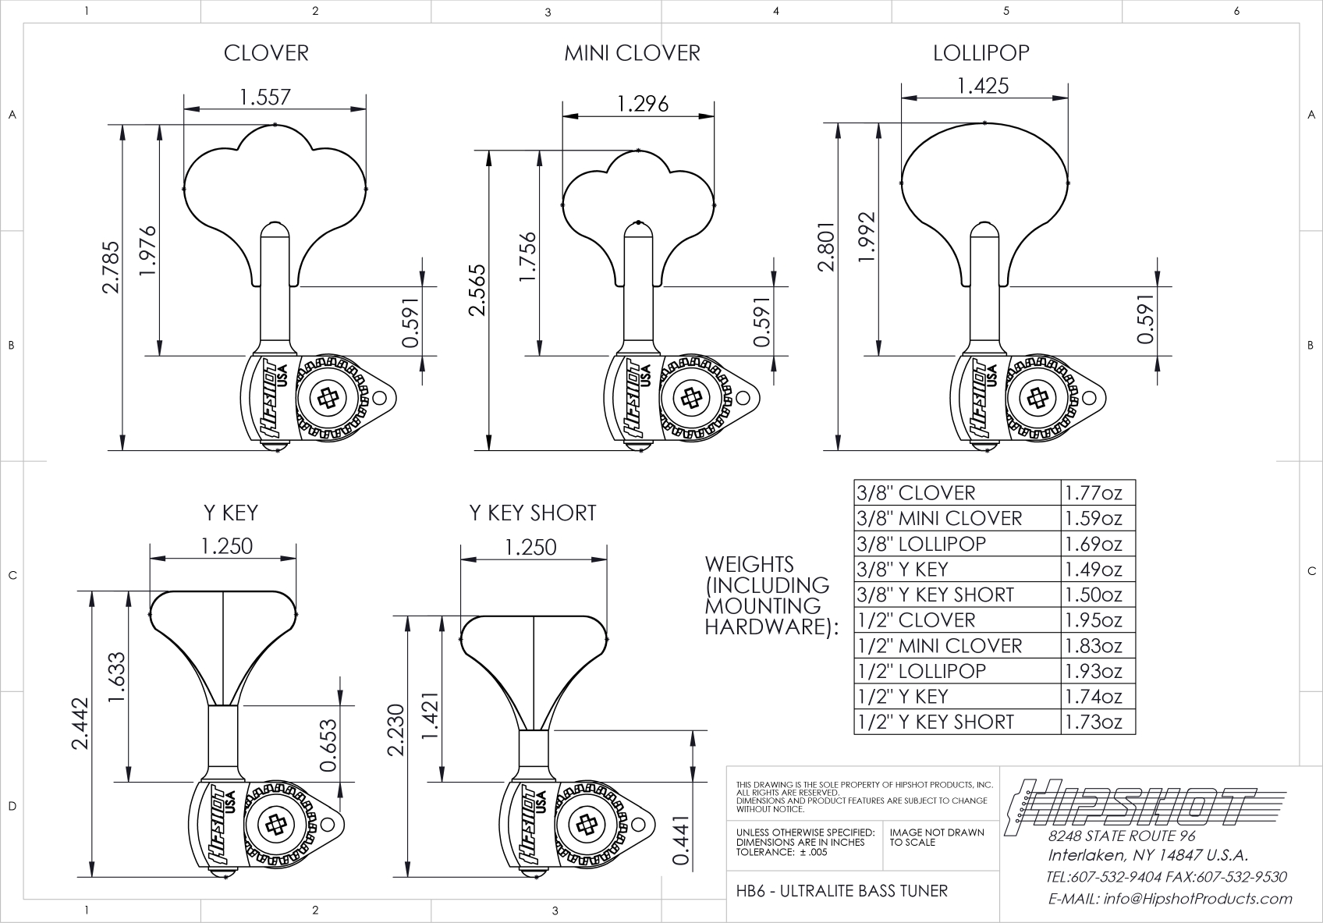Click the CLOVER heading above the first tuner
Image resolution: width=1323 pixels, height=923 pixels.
point(266,53)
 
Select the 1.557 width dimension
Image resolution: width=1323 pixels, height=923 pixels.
point(265,97)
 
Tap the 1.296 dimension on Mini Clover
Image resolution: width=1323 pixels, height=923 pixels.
point(643,104)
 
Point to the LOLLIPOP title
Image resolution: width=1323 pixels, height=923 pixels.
point(981,53)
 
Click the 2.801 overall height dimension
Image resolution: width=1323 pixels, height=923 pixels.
point(826,247)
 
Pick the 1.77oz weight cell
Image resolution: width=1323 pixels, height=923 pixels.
point(1094,493)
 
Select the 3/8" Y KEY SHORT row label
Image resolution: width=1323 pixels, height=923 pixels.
point(935,595)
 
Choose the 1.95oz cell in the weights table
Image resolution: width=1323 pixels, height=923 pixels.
point(1094,620)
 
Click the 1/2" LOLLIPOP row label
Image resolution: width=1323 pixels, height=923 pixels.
point(921,671)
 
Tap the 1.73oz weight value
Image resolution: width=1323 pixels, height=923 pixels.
point(1094,722)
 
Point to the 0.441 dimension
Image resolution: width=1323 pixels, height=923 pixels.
point(680,840)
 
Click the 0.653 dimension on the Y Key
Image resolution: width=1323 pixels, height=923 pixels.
point(328,745)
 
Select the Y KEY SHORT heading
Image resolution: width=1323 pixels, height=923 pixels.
point(532,513)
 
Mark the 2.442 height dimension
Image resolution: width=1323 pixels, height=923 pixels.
point(80,723)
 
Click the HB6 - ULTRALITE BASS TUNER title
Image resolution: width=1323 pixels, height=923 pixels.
point(842,891)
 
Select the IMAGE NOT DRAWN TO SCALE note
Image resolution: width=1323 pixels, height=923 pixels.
point(936,837)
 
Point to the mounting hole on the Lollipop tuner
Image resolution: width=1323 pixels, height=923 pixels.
point(1089,398)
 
